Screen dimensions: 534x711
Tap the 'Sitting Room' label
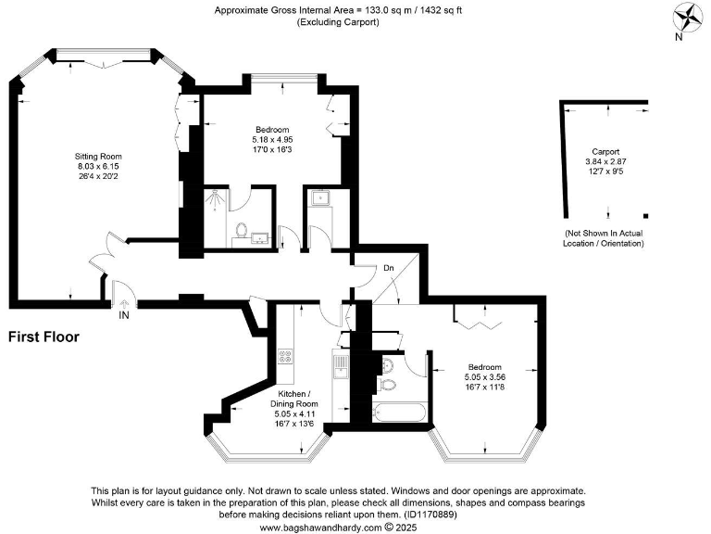point(99,156)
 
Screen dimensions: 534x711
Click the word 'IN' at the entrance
point(124,315)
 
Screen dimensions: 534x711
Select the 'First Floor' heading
point(44,337)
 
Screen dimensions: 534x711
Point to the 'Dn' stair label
point(389,269)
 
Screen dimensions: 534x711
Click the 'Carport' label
point(605,151)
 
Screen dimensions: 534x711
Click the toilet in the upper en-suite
point(241,229)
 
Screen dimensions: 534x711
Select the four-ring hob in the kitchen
point(285,356)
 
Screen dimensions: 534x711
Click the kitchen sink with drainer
point(340,367)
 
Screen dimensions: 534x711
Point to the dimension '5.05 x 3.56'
point(486,377)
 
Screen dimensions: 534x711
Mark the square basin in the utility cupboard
point(319,197)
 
